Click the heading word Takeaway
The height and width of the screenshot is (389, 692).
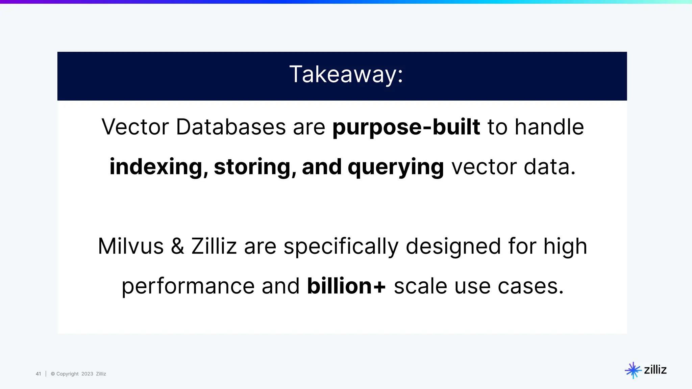(346, 75)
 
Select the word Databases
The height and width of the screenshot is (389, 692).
(231, 127)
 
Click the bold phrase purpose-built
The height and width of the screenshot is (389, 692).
(406, 127)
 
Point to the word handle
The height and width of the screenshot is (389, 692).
(549, 127)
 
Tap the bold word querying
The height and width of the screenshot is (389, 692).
(396, 167)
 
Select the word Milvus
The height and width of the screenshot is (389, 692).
(131, 246)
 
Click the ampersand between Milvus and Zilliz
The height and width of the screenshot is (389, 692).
(177, 246)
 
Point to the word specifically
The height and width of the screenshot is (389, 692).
(341, 246)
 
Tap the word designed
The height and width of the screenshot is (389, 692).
(453, 246)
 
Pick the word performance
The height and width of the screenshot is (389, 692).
(188, 286)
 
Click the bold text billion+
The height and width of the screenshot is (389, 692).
(346, 286)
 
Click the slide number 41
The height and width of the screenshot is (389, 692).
(38, 374)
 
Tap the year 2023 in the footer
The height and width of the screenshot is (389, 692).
(87, 374)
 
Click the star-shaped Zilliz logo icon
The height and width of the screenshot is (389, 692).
(633, 370)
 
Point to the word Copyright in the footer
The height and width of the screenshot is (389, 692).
(67, 374)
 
